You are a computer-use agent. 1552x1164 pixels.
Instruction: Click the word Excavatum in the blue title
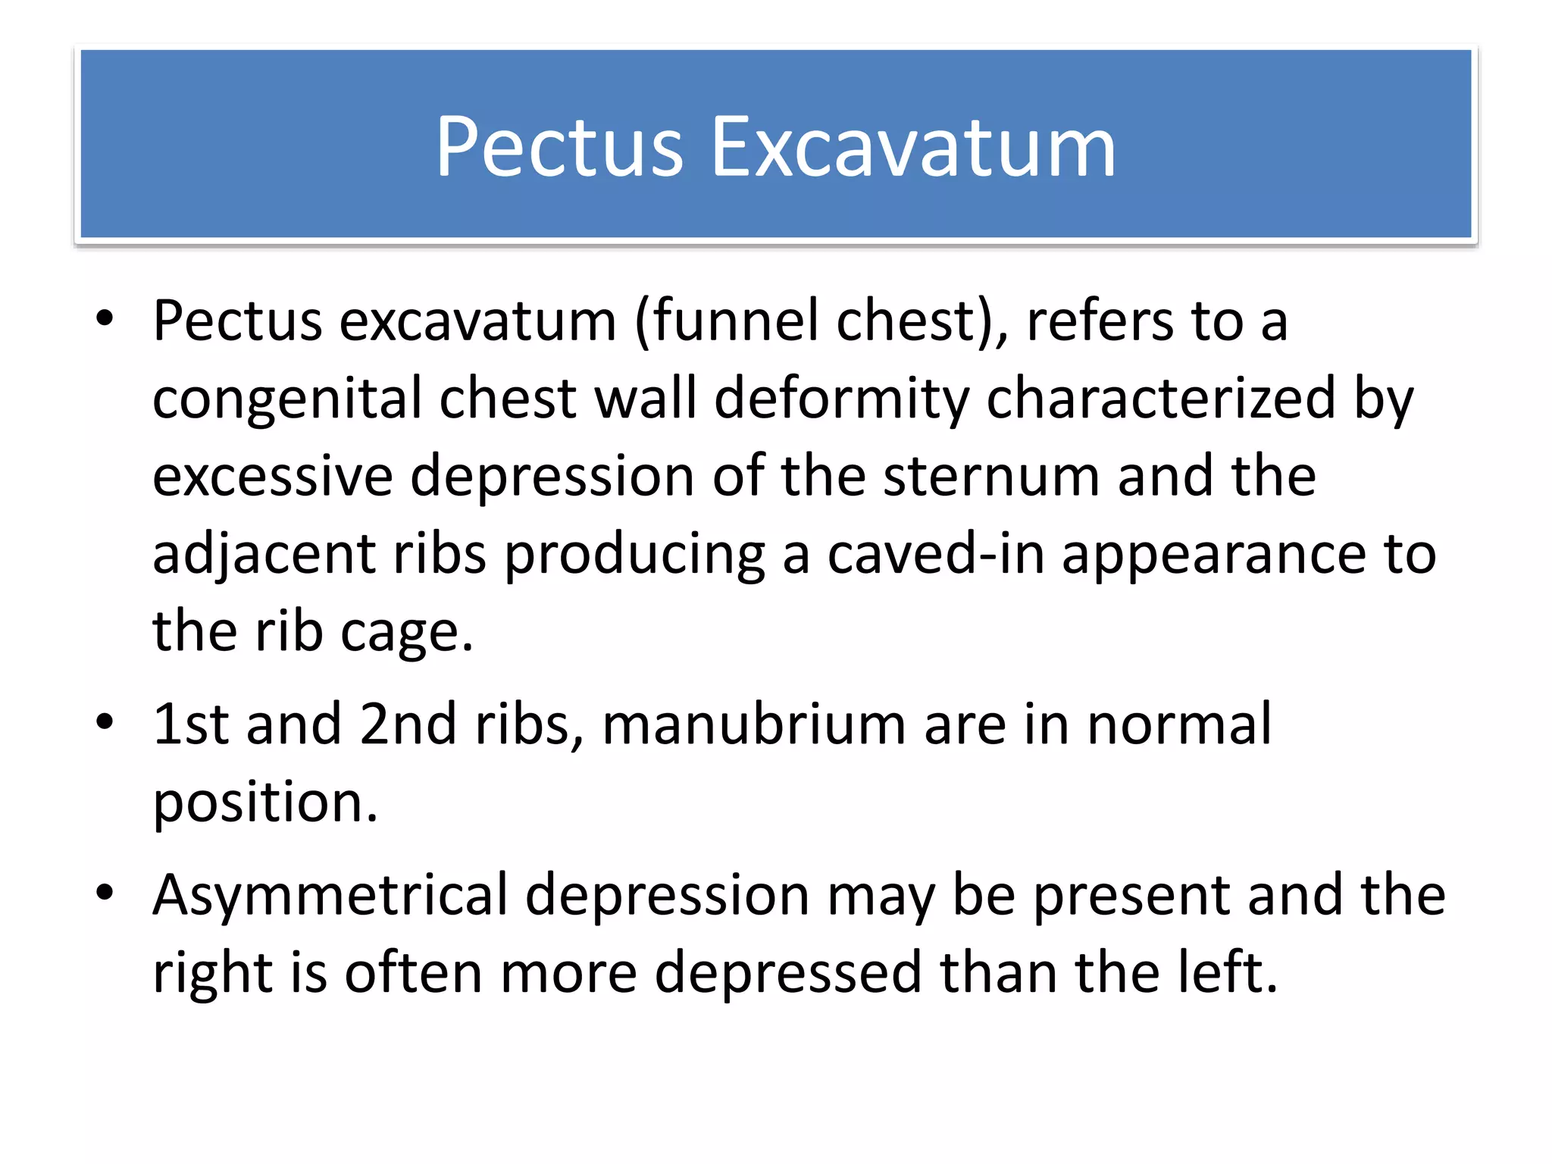pyautogui.click(x=912, y=147)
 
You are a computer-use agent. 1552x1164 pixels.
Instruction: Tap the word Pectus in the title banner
pyautogui.click(x=559, y=147)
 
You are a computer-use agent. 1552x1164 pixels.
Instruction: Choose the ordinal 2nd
pyautogui.click(x=408, y=724)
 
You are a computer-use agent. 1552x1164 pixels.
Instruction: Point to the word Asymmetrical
pyautogui.click(x=330, y=895)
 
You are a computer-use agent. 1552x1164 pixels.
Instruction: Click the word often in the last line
pyautogui.click(x=414, y=973)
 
